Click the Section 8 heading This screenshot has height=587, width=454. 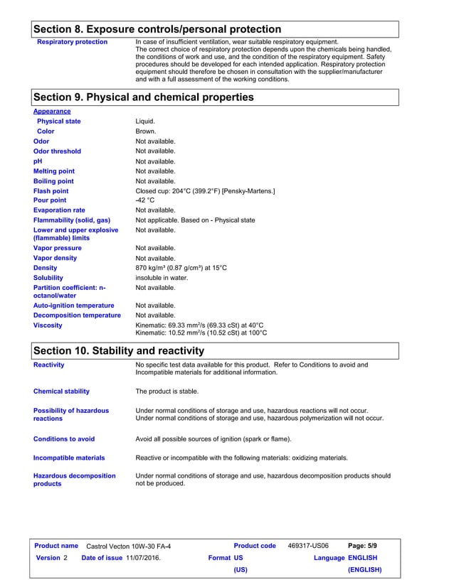click(157, 29)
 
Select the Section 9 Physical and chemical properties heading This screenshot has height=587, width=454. click(144, 97)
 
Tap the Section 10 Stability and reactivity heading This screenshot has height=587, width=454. click(119, 350)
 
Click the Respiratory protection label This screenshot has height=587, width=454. click(72, 42)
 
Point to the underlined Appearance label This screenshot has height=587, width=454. click(52, 112)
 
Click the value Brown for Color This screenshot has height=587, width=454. click(145, 131)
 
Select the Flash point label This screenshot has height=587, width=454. click(51, 191)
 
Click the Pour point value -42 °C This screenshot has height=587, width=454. click(145, 200)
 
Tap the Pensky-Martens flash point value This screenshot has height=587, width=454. click(205, 191)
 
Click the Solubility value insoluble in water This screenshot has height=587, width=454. click(162, 278)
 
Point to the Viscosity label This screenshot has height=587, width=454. click(48, 325)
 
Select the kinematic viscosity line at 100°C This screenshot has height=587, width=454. click(201, 333)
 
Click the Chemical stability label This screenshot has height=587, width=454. click(61, 391)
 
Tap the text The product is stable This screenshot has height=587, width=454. click(167, 391)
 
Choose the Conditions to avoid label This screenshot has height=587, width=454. click(64, 439)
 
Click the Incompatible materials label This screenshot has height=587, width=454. click(69, 458)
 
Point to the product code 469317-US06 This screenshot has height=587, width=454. click(308, 546)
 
